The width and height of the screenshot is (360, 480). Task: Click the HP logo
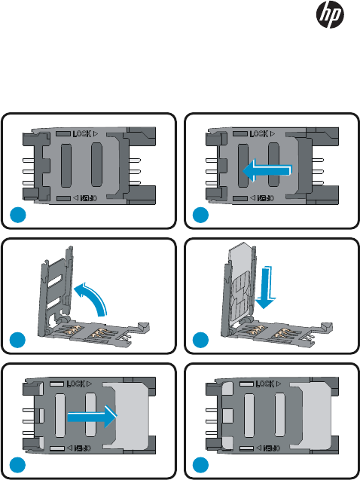coord(330,14)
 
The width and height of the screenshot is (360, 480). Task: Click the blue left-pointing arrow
coord(267,170)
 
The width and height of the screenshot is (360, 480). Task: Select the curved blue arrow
coord(90,298)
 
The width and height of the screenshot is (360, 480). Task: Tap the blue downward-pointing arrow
coord(265,287)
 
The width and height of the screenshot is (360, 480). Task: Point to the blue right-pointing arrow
coord(92,416)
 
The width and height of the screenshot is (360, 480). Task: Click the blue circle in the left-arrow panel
coord(200,215)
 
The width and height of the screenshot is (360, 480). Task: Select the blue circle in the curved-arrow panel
coord(18,340)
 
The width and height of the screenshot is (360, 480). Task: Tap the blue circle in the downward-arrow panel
coord(200,340)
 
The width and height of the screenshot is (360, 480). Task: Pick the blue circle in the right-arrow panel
coord(18,465)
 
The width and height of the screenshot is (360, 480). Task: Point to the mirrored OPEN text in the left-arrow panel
coord(266,198)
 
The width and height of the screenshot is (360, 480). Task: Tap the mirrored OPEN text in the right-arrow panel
coord(83,448)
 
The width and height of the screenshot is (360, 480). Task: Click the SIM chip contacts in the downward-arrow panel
coord(241,293)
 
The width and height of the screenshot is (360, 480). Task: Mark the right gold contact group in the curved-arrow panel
coord(99,333)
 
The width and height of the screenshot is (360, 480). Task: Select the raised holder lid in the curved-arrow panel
coord(55,291)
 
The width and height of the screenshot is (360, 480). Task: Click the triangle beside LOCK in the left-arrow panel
coord(272,134)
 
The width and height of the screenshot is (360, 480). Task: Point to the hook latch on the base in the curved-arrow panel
coord(143,326)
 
